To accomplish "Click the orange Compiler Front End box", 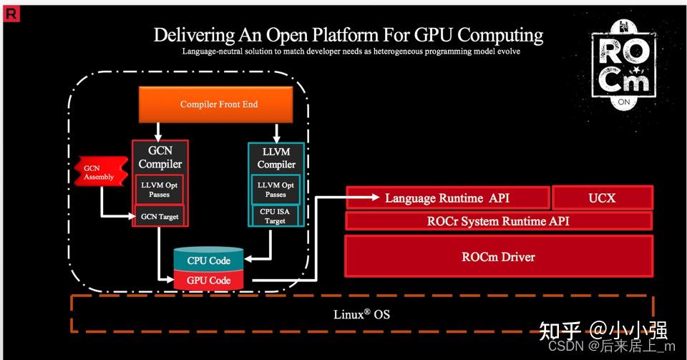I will (x=219, y=104).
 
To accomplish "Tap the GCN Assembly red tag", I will (x=94, y=172).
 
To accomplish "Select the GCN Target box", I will (x=160, y=216).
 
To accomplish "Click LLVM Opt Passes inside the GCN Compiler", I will (x=160, y=189).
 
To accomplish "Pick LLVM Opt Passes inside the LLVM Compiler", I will (x=276, y=189).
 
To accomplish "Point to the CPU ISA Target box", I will (x=276, y=215).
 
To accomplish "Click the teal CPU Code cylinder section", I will (x=208, y=261).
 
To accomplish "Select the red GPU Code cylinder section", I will (x=208, y=280).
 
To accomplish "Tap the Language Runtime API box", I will (x=447, y=198).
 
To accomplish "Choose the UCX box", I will (x=601, y=198).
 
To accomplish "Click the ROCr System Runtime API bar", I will (x=498, y=221).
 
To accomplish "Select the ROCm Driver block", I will (x=498, y=256).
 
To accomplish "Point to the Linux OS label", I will (x=361, y=314).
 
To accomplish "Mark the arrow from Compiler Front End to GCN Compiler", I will (x=159, y=131).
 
